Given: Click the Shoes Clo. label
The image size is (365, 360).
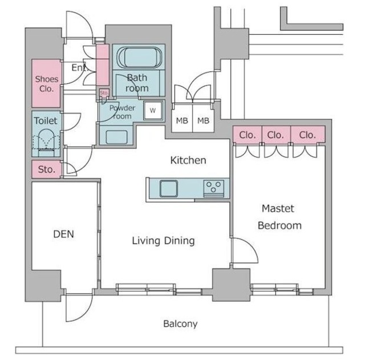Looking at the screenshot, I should click(46, 83).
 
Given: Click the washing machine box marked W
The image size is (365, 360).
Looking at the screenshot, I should click(153, 110).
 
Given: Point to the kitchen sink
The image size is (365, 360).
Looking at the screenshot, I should click(169, 188).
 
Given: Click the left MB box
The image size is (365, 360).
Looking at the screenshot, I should click(182, 120).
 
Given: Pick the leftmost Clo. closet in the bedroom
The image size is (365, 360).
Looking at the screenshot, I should click(247, 135).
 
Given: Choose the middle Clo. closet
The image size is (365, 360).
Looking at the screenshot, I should click(276, 135).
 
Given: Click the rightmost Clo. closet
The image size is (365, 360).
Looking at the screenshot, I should click(307, 135).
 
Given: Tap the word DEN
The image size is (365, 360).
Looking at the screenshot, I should click(63, 234).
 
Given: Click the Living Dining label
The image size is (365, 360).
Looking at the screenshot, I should click(163, 241).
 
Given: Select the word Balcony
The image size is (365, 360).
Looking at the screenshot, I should click(180, 323).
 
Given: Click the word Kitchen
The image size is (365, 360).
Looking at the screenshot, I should click(188, 160).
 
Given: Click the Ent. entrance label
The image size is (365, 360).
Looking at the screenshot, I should click(80, 67).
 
